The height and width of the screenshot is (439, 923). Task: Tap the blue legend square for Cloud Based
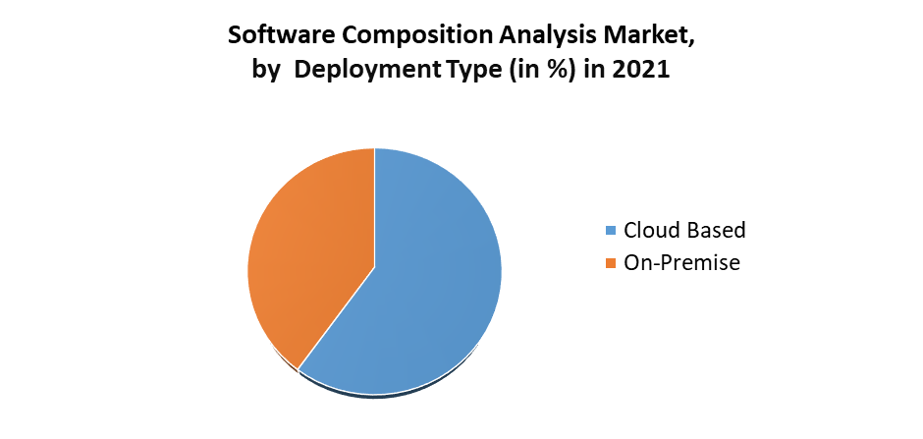(611, 231)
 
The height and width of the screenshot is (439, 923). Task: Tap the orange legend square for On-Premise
(611, 263)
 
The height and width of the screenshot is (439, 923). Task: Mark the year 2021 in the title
(641, 72)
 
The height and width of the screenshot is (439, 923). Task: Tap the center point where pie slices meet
(374, 266)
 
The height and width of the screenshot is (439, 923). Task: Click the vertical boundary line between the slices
(374, 206)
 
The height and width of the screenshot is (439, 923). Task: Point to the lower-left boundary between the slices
(336, 318)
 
